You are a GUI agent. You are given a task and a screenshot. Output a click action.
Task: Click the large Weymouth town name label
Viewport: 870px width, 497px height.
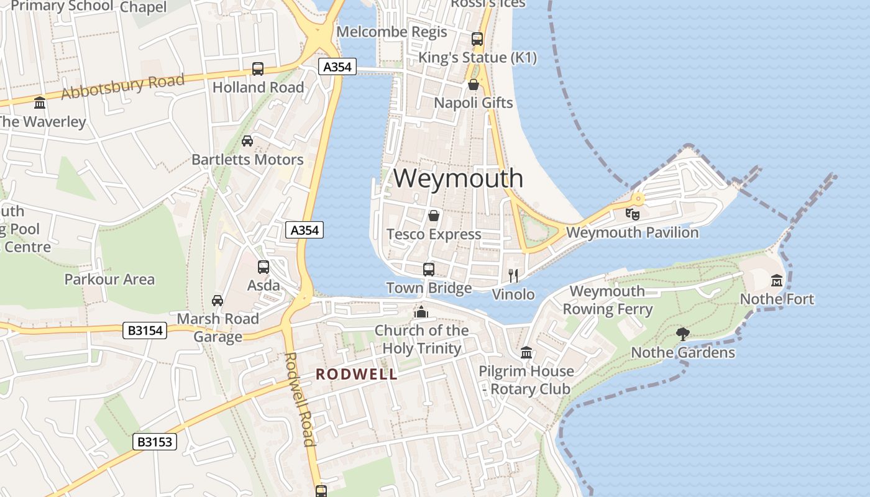point(458,178)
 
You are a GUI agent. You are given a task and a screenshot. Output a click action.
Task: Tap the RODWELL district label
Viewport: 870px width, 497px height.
point(357,374)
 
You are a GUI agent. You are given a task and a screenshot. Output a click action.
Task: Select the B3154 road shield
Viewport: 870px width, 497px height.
point(145,331)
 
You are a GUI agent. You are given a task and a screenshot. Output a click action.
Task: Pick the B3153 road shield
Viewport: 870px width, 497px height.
point(155,442)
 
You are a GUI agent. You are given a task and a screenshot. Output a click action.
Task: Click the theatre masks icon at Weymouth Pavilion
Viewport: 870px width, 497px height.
point(633,214)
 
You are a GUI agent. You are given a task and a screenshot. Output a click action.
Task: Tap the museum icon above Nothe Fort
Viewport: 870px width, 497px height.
point(777,281)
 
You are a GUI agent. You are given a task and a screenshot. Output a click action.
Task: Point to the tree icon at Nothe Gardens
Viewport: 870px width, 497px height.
point(683,334)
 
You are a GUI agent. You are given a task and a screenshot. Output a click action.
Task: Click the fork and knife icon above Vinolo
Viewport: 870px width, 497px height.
point(513,276)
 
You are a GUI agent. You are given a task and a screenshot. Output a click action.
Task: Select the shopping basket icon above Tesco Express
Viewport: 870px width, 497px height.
point(434,216)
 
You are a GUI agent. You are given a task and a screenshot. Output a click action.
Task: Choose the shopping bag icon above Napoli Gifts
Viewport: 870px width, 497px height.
point(474,84)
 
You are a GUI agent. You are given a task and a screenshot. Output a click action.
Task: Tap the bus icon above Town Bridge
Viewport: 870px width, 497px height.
point(429,269)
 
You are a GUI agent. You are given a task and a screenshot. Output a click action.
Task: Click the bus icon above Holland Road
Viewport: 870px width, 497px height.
point(258,69)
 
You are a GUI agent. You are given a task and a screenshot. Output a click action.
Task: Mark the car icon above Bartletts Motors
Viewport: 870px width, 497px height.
point(247,141)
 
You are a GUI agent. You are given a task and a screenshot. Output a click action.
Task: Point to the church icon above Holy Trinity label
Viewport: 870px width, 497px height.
point(421,312)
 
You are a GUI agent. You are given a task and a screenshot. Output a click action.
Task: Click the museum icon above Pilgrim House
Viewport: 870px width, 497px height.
point(526,353)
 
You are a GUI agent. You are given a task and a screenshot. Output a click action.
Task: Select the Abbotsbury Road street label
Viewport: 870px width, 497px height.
point(123,86)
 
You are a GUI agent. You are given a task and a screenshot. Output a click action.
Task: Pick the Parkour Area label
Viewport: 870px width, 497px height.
point(109,280)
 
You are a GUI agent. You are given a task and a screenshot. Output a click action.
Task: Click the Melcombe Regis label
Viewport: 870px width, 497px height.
point(391,32)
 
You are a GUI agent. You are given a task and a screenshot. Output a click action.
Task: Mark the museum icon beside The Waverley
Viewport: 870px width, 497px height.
point(40,103)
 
